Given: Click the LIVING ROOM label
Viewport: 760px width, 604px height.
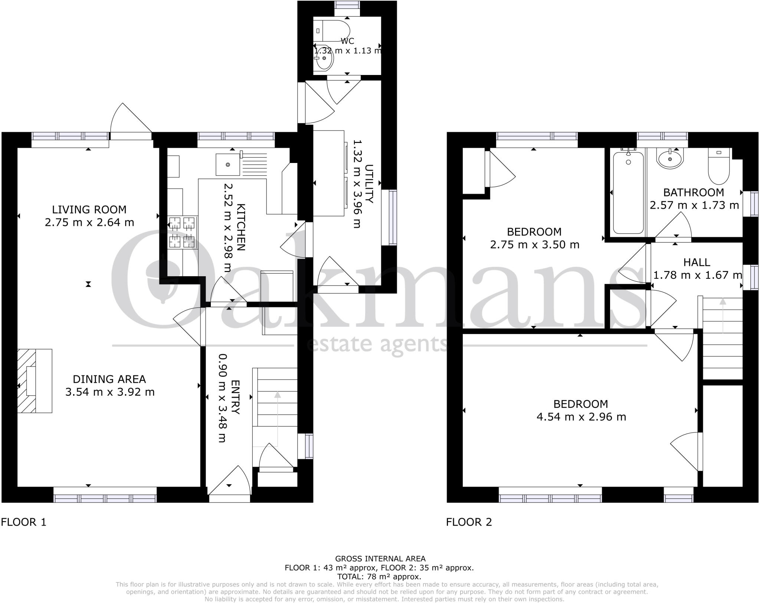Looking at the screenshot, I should [89, 210].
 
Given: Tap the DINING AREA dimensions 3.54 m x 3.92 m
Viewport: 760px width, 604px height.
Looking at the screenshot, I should [110, 392].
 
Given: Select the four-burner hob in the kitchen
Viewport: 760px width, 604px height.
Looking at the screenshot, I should [182, 232].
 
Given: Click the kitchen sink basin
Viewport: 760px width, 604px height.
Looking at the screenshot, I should [227, 165].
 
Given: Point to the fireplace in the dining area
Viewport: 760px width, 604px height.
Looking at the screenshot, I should [34, 381].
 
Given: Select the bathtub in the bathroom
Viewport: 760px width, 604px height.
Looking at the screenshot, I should [628, 192].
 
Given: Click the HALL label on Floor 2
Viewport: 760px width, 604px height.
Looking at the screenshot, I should [697, 262].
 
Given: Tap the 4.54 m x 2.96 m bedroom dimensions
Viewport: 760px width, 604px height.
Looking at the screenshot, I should [581, 417].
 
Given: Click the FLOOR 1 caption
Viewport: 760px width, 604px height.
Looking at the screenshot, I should [24, 522].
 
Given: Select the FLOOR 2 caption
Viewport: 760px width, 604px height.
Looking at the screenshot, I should [469, 522].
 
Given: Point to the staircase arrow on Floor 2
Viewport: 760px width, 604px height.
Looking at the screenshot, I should [723, 316].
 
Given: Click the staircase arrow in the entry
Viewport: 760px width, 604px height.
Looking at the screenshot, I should [278, 416].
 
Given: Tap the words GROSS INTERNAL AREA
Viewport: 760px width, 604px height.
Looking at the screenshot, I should [380, 558].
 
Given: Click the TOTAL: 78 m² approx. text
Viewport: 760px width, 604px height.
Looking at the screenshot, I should [379, 577].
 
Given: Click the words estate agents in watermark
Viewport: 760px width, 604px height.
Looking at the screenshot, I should [377, 345].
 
